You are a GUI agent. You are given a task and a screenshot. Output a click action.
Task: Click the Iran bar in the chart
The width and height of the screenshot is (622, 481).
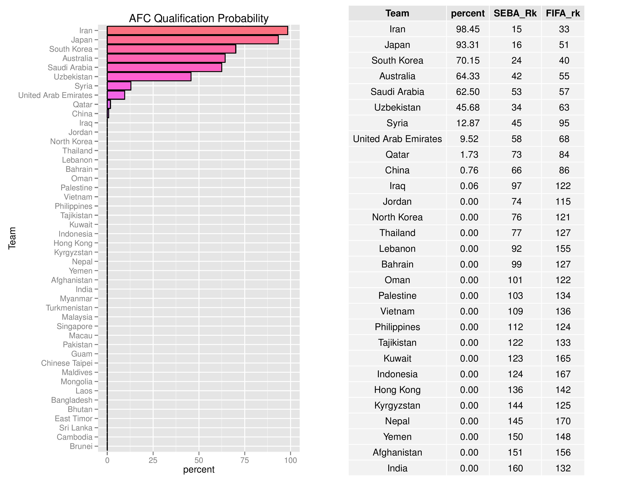pos(197,31)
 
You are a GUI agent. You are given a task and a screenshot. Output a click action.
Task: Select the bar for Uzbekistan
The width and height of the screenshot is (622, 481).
pos(149,77)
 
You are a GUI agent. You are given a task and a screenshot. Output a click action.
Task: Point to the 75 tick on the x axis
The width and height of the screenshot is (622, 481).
pos(245,460)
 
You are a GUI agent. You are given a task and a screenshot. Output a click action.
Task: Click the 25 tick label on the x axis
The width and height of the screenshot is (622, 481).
pos(153,460)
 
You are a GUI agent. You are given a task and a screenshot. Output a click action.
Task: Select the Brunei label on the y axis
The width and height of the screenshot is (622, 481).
pos(81,446)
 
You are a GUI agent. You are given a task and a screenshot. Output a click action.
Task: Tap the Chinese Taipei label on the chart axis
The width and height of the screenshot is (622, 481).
pos(67,363)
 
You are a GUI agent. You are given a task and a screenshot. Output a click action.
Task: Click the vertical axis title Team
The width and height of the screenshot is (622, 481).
pos(12,238)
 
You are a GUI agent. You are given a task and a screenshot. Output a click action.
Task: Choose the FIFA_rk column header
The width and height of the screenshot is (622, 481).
pos(563,13)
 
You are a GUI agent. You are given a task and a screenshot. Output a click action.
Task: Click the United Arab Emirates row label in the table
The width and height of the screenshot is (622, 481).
pos(397,139)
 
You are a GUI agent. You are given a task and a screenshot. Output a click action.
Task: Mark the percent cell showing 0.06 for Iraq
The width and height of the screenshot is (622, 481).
pos(469,186)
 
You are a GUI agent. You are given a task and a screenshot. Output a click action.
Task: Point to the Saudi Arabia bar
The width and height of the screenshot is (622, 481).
pos(164,68)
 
